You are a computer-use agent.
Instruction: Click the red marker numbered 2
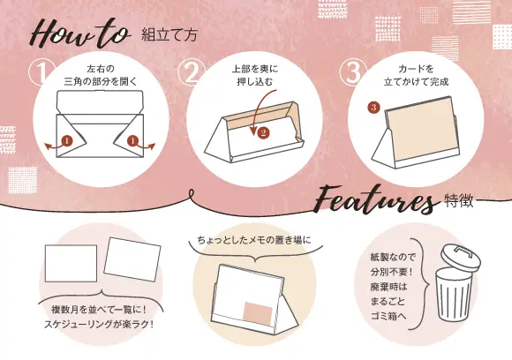coord(262,133)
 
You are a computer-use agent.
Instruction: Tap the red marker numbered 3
coord(373,108)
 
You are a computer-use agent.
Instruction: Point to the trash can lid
coord(456,255)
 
